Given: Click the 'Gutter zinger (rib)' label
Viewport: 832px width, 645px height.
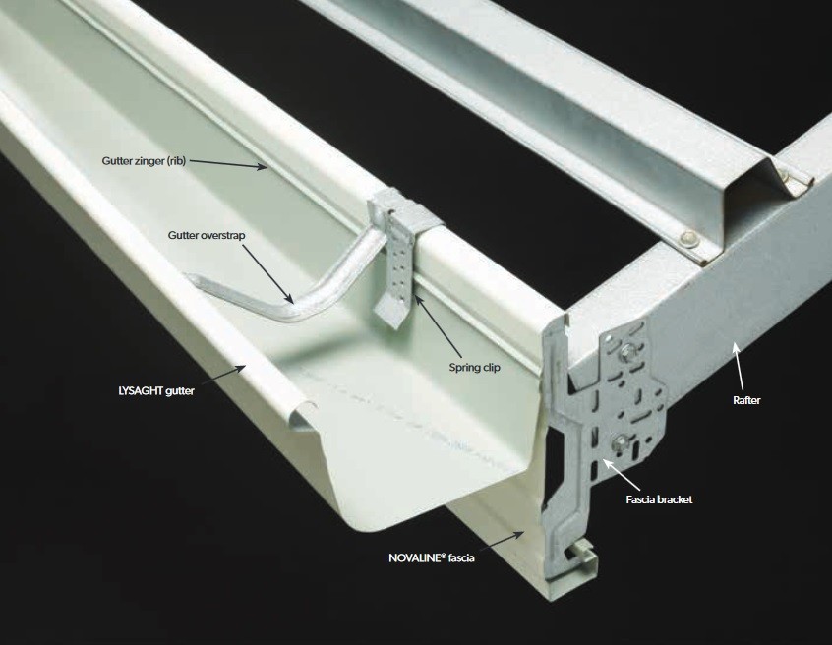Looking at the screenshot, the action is coord(144,160).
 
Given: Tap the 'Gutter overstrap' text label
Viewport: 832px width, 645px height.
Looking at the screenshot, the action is coord(207,235).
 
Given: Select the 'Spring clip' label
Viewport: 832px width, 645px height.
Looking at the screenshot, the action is coord(474,367).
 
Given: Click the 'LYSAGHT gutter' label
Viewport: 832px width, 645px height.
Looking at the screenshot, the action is coord(156,391).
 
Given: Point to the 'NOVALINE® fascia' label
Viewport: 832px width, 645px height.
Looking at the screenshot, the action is coord(432,557).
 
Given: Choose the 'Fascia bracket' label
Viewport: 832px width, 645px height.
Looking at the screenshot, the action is coord(659,499).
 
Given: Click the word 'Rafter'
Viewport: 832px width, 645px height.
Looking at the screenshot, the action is coord(746,400).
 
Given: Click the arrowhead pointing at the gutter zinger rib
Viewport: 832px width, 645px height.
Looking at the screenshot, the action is coord(263,167).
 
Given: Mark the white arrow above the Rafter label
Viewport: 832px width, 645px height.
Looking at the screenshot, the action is coord(739,367).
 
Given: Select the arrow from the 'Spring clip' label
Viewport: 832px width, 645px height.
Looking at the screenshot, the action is coord(440,325).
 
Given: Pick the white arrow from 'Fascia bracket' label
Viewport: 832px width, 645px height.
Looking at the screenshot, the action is coord(621,475).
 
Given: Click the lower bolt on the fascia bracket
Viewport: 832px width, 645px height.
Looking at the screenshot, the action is coord(619,442).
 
